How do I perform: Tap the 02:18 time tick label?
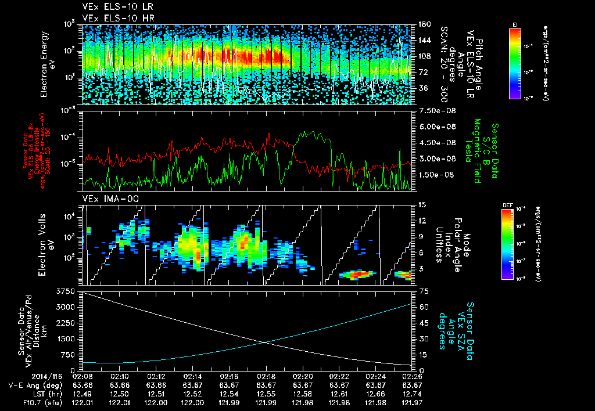(266, 376)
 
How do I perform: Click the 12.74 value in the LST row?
(412, 394)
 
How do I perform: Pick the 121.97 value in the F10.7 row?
(412, 402)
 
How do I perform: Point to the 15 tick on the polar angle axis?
(421, 205)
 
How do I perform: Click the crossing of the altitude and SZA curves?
(264, 342)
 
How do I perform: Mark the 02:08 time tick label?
(83, 376)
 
